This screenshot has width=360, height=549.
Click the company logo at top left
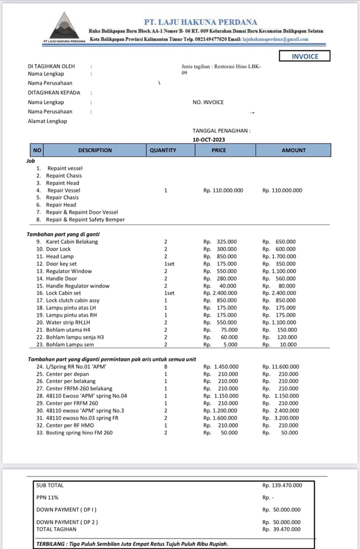[x=63, y=28]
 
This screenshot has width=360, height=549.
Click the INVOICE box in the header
[x=305, y=57]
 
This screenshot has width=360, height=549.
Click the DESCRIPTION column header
[x=95, y=150]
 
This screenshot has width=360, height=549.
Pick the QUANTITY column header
[x=163, y=150]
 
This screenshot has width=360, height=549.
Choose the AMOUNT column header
[x=294, y=150]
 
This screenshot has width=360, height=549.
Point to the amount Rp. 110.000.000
[x=282, y=190]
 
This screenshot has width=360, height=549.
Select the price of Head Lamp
[x=220, y=257]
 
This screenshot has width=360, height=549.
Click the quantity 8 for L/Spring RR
[x=166, y=366]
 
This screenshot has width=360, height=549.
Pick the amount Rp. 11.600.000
[x=282, y=366]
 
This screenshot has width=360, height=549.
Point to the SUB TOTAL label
[x=50, y=486]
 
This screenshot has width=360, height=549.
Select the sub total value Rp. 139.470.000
[x=282, y=486]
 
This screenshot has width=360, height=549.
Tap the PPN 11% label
[x=47, y=498]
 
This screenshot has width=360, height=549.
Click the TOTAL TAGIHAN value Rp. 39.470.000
[x=282, y=530]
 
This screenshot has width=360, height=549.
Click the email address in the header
[x=275, y=39]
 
